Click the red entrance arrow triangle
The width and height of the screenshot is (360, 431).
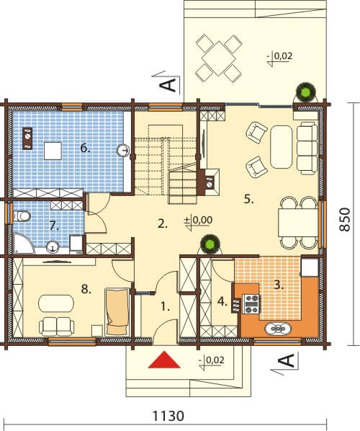tap(164, 360)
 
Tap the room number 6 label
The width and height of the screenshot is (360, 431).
tap(86, 148)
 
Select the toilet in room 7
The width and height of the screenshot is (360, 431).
tap(22, 215)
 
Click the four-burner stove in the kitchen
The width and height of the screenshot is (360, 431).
tap(251, 303)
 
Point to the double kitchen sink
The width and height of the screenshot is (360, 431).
tap(278, 328)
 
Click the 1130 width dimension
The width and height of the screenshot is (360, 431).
tap(168, 416)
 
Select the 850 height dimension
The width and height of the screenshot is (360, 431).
tap(345, 219)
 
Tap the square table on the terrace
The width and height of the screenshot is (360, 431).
tap(219, 58)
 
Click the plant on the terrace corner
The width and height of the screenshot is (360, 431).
tap(305, 93)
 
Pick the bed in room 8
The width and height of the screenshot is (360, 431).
tap(117, 311)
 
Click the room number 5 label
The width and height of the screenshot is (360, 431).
tap(249, 199)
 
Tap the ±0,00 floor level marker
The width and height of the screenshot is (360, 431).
tap(199, 222)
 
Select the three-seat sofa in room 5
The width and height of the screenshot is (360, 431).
tap(307, 148)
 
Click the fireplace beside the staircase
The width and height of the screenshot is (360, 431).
tap(210, 182)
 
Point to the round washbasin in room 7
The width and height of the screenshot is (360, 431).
tap(52, 246)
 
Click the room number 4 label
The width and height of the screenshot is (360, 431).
tap(222, 301)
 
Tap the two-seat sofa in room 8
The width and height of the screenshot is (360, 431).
tap(57, 326)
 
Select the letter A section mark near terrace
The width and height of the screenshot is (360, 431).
tap(168, 85)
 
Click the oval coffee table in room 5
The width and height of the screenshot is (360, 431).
tap(281, 147)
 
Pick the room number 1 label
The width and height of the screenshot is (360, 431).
tap(164, 307)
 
